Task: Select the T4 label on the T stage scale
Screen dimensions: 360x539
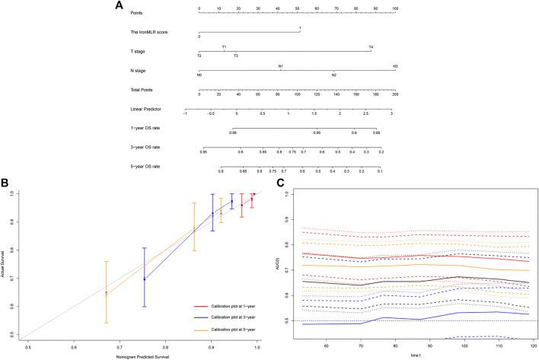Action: [x=371, y=47]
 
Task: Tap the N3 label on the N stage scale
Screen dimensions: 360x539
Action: [x=395, y=67]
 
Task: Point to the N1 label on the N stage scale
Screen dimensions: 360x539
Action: [x=281, y=67]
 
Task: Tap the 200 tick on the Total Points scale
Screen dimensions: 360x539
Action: [x=394, y=96]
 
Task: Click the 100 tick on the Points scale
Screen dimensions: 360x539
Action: [x=394, y=8]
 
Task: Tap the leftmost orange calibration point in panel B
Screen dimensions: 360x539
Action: [x=107, y=292]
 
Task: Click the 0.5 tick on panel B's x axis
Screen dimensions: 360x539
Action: [x=28, y=347]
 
